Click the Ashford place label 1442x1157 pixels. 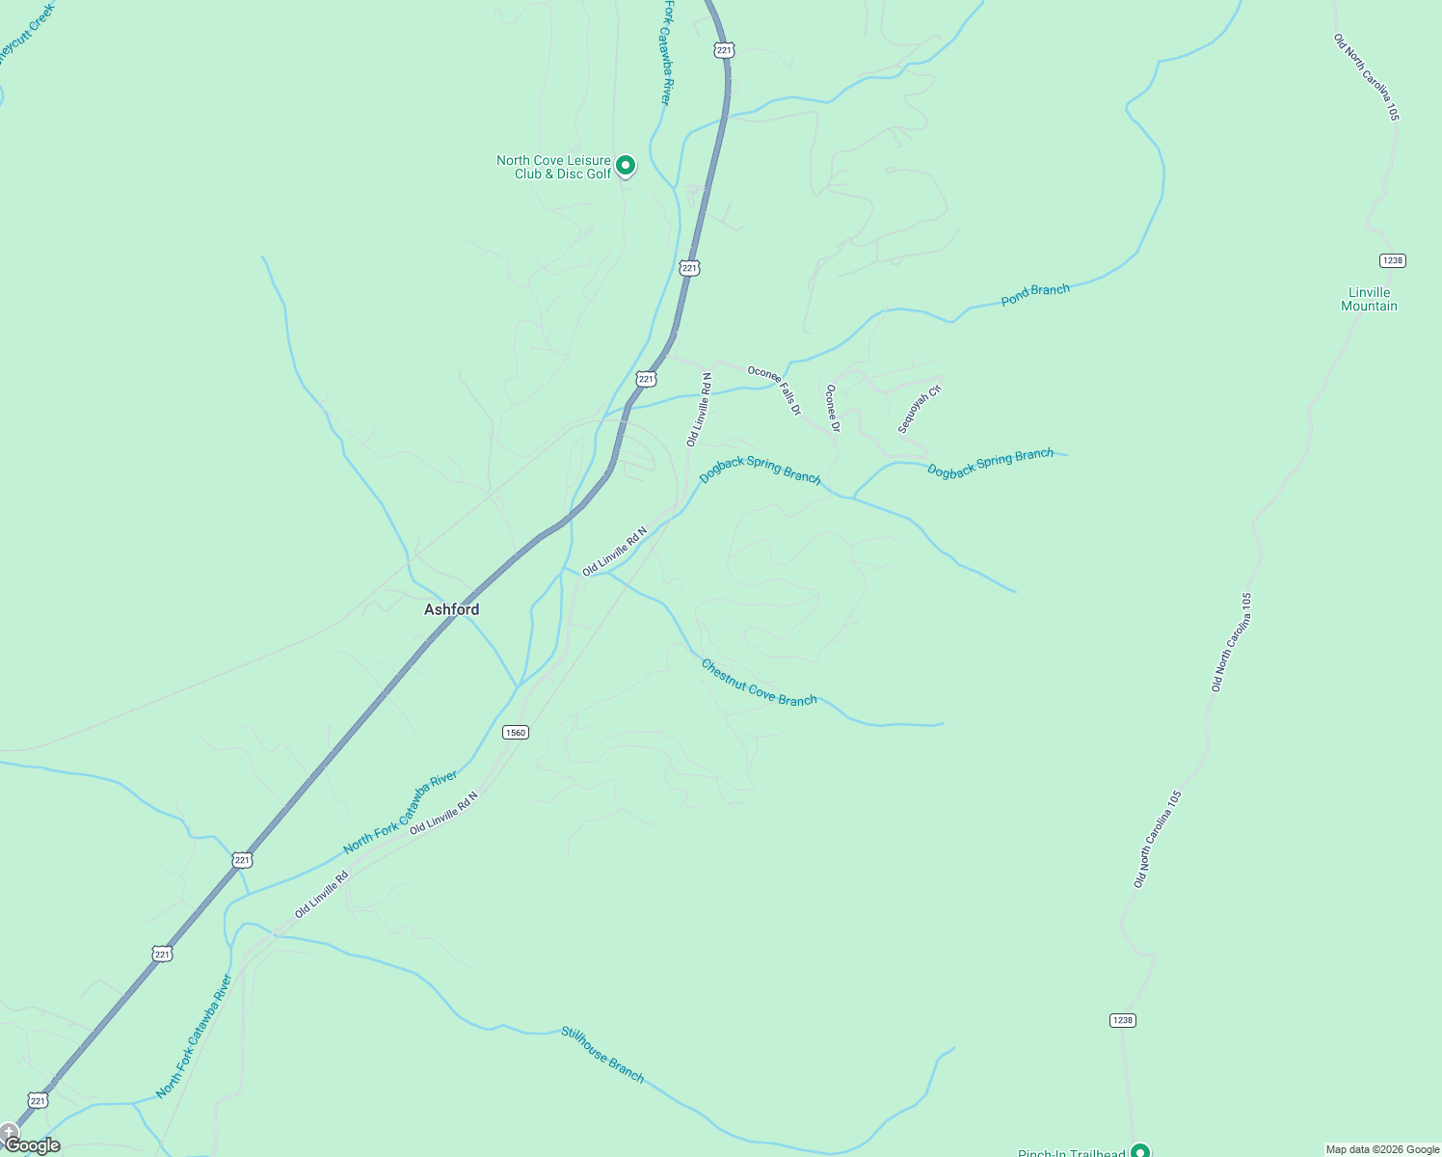coord(451,609)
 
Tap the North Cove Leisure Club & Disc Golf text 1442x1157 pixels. coord(553,167)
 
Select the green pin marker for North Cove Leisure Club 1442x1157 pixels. coord(626,166)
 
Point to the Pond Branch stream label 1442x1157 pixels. coord(1035,294)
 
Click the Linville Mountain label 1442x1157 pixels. coord(1369,299)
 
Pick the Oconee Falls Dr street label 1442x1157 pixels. coord(774,390)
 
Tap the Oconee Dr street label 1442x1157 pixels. coord(833,408)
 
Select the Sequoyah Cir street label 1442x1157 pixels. coord(919,410)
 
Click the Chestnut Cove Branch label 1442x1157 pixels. coord(759,682)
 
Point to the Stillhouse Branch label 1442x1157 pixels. coord(602,1054)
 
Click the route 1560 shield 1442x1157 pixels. coord(516,733)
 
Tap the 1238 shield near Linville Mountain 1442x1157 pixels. coord(1392,260)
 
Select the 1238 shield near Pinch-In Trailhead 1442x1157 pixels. coord(1123,1020)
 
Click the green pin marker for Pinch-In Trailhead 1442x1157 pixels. coord(1140,1150)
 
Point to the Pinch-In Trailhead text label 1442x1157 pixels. coord(1071,1152)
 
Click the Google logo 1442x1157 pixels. coord(33,1145)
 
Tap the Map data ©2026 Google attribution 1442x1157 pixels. coord(1382,1149)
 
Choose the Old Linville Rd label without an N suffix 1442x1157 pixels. coord(321,895)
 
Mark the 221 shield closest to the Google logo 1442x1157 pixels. coord(38,1100)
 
